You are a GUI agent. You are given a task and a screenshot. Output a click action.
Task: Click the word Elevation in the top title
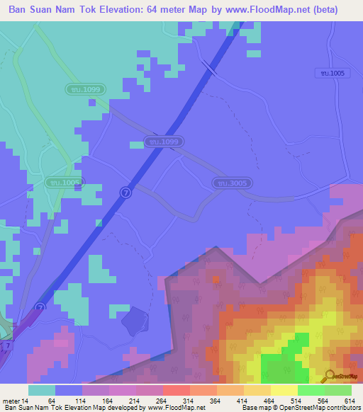click(x=125, y=10)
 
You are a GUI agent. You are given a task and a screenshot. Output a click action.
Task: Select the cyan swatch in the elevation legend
click(x=41, y=390)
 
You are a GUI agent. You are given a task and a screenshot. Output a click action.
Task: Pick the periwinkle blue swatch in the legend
click(x=68, y=390)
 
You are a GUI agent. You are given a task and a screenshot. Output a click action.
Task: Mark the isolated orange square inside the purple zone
click(x=216, y=279)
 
